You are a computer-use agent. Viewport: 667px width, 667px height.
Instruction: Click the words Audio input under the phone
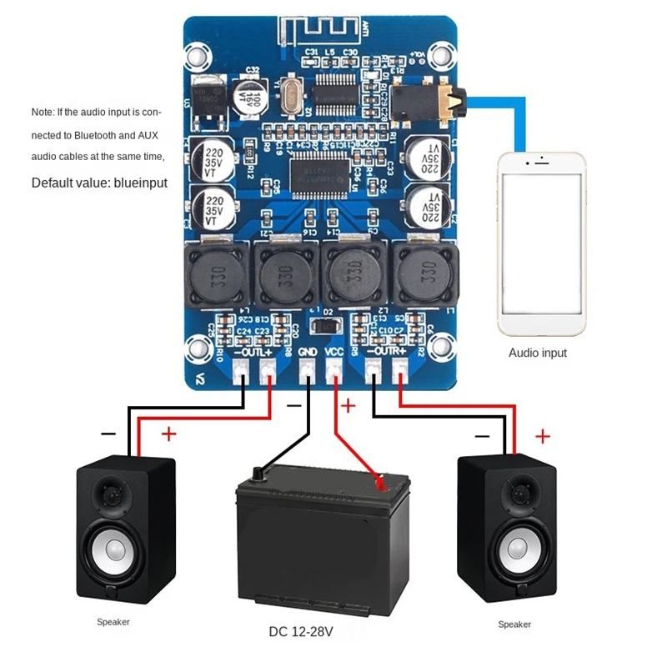click(538, 353)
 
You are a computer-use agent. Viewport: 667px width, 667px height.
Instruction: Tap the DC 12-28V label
click(301, 631)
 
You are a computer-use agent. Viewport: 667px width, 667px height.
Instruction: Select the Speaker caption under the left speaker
click(113, 622)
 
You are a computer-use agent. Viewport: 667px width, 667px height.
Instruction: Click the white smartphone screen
click(540, 243)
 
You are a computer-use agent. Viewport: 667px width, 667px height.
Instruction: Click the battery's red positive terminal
click(380, 483)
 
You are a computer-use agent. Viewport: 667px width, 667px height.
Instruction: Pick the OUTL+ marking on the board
click(254, 354)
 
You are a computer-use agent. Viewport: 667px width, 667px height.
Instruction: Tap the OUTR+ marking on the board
click(388, 354)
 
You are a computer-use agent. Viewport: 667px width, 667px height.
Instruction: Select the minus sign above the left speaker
click(108, 434)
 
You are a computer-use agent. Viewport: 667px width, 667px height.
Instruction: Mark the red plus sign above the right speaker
click(543, 435)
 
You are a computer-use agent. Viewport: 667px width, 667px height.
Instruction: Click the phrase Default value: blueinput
click(99, 183)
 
